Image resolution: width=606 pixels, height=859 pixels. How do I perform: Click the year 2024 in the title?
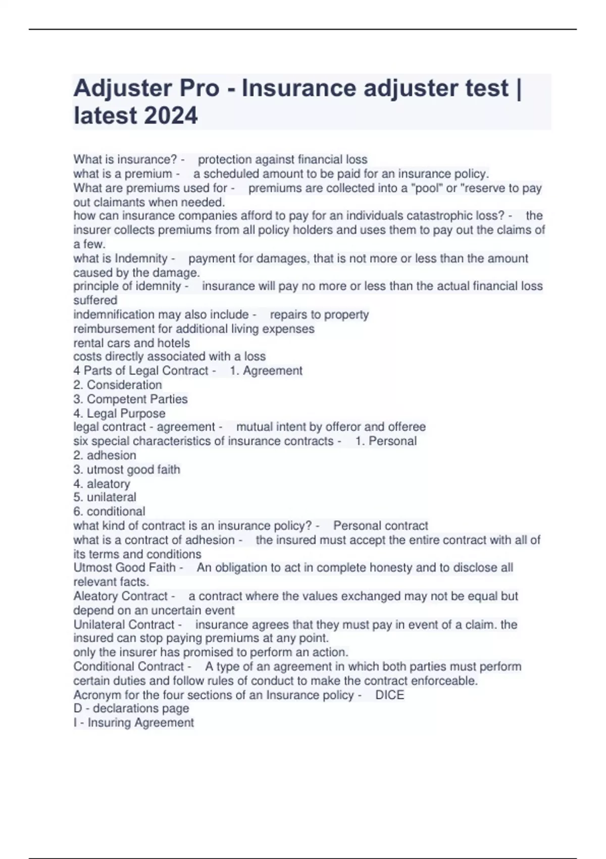point(171,115)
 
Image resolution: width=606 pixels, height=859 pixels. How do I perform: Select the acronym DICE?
point(389,695)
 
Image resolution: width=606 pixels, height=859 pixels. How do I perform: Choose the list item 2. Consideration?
point(118,385)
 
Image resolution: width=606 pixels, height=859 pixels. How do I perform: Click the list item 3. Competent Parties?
point(130,399)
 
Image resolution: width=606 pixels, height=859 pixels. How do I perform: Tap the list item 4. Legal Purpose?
point(119,413)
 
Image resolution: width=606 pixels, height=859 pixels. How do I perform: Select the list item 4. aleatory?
point(102,484)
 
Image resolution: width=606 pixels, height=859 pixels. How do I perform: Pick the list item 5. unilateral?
point(105,497)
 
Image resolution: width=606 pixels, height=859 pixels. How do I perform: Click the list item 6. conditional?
point(109,511)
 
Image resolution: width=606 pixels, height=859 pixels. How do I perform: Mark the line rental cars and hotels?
point(131,343)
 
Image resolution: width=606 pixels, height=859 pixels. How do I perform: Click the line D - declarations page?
point(131,708)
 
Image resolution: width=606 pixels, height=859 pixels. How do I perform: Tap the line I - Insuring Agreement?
point(133,723)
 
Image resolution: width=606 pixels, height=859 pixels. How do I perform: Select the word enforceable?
point(443,681)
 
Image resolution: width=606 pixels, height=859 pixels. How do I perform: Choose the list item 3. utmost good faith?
point(127,469)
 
